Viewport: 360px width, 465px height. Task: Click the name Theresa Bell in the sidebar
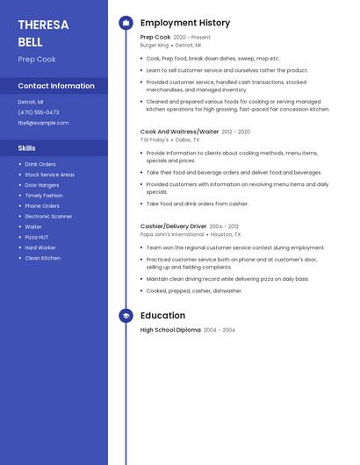coord(43,32)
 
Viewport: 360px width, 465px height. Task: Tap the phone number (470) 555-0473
coord(39,112)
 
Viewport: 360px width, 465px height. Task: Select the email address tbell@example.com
coord(43,123)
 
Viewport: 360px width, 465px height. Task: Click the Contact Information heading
coord(56,86)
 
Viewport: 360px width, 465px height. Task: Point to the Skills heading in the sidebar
coord(27,148)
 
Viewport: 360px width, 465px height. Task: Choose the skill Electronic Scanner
coord(48,216)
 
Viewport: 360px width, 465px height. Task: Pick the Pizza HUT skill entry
coord(38,237)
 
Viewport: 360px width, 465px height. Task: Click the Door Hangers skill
coord(42,185)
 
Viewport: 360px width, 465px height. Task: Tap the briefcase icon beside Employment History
coord(126,23)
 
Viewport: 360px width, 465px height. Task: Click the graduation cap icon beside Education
coord(126,316)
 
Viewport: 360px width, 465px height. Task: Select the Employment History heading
coord(185,23)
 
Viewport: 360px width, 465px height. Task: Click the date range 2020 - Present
coord(191,38)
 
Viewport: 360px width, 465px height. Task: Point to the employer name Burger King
coord(154,45)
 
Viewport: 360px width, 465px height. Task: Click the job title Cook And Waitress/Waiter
coord(179,132)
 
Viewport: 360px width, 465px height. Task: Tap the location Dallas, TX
coord(187,139)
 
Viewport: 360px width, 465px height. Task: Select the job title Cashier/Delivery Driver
coord(173,226)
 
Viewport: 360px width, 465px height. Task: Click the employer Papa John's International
coord(172,234)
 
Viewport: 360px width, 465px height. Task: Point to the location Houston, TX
coord(226,234)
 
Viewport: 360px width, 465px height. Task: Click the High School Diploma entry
coord(170,330)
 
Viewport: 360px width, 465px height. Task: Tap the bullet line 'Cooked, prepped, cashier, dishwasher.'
coord(194,290)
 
